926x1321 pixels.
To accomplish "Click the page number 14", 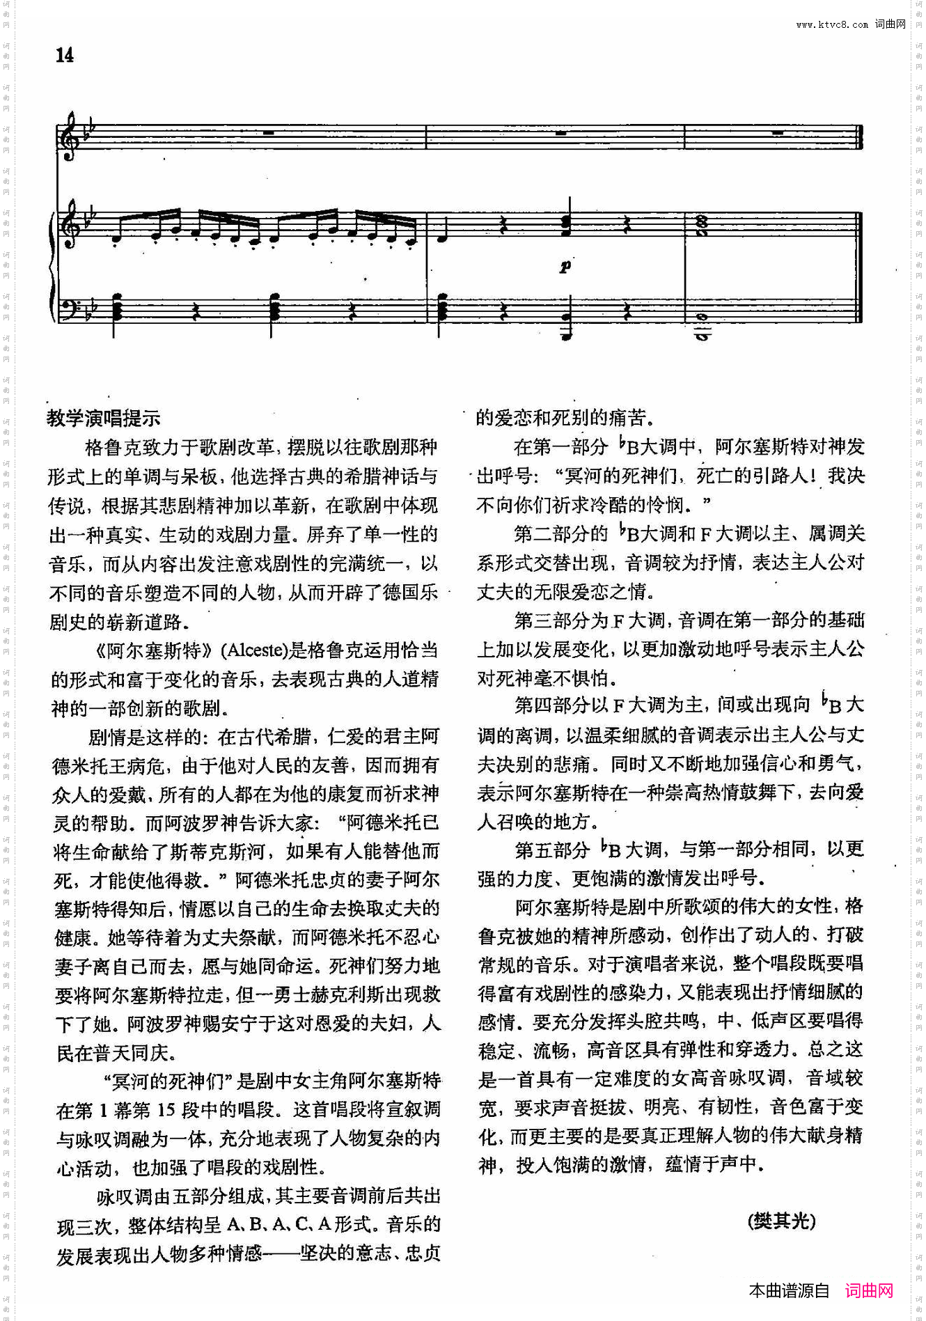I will [x=64, y=55].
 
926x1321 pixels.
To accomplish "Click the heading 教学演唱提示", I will [x=104, y=418].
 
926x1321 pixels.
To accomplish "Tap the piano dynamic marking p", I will [x=565, y=266].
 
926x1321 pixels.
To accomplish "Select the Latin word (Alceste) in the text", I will [x=254, y=650].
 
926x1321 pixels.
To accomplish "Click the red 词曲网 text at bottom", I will [x=869, y=1290].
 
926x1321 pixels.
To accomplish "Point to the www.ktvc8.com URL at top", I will [x=832, y=24].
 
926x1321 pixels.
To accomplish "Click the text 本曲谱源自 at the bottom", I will [x=789, y=1290].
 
